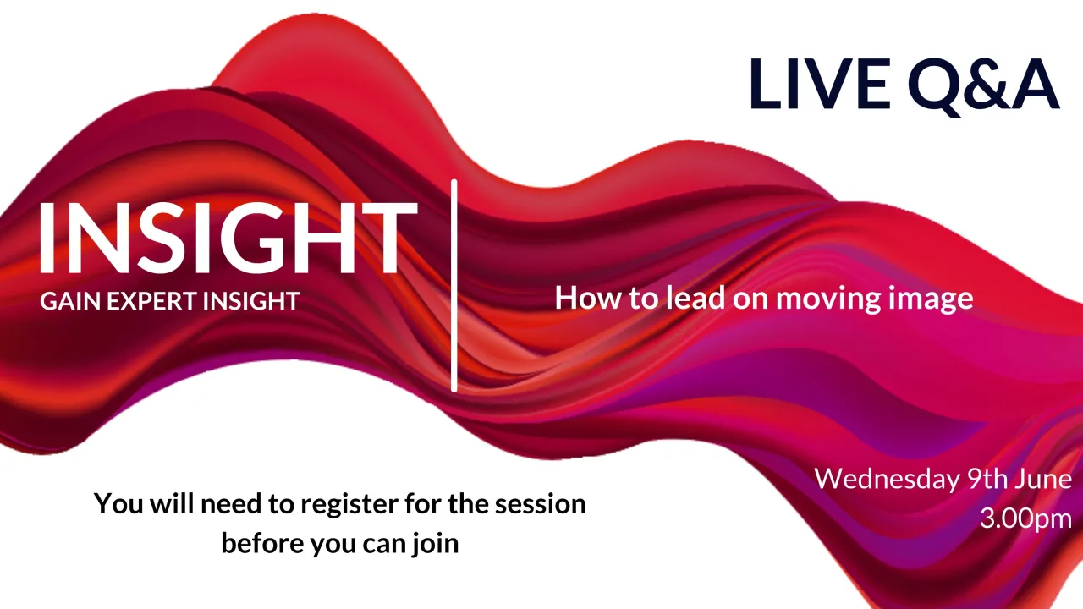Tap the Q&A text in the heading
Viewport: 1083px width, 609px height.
[x=983, y=84]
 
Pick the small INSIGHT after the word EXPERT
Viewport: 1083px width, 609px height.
[x=250, y=301]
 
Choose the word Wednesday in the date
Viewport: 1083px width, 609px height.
[x=887, y=480]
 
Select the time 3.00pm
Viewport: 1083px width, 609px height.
[x=1025, y=518]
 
